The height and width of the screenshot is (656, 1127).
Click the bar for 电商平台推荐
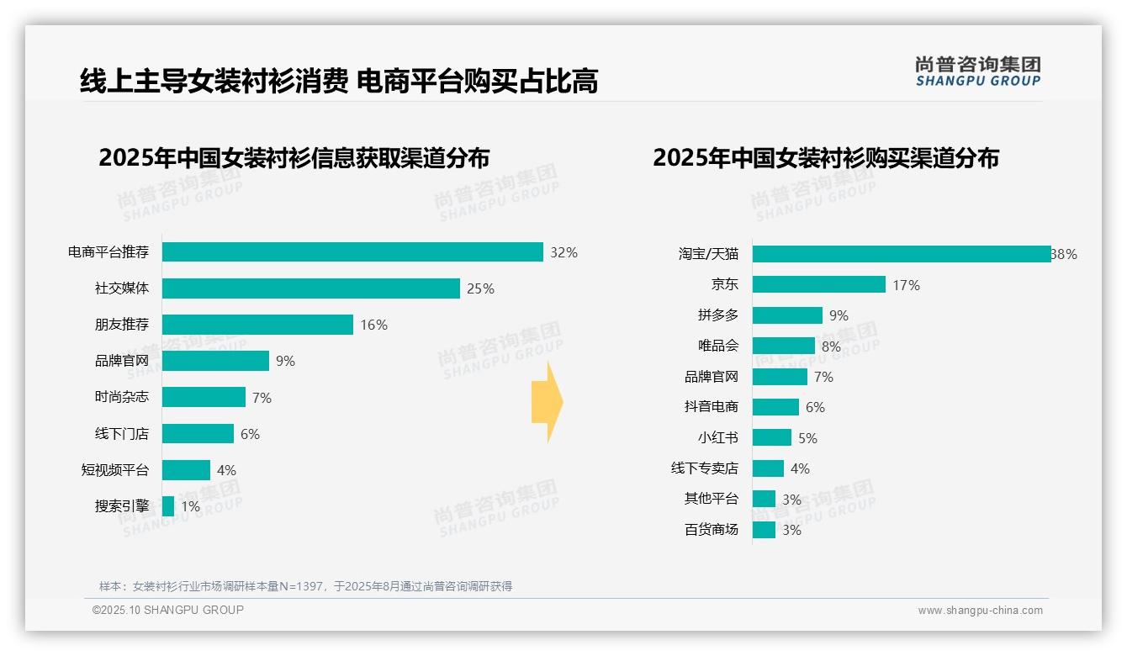click(352, 252)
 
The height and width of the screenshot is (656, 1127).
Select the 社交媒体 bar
click(311, 288)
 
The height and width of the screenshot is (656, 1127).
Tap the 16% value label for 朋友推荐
click(373, 325)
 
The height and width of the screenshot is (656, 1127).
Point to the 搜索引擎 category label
click(121, 506)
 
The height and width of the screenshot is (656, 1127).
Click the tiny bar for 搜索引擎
click(168, 506)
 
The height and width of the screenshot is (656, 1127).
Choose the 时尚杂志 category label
click(121, 398)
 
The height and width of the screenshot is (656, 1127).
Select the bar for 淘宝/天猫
click(901, 254)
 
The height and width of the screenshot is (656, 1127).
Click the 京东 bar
click(819, 285)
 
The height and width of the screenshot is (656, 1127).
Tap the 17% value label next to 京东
click(906, 286)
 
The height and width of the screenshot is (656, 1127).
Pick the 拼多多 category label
click(717, 315)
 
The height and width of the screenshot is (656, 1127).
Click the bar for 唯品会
click(784, 346)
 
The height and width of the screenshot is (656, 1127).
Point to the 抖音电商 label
click(711, 407)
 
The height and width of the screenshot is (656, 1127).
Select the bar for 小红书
click(772, 437)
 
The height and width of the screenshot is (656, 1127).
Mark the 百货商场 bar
click(764, 530)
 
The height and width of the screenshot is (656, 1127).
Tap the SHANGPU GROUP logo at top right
click(977, 71)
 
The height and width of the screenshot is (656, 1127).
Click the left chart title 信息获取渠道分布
click(294, 158)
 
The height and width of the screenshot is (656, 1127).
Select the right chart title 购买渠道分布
click(825, 158)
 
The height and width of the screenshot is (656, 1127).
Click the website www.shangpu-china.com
click(980, 611)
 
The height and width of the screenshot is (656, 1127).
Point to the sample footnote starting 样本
click(305, 586)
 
